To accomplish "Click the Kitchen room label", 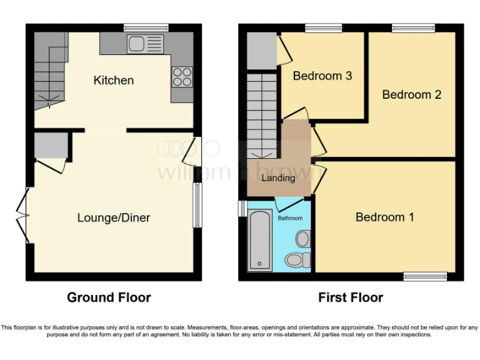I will (x=114, y=80).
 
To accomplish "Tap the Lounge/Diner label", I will (x=114, y=217).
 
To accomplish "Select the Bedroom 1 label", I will (x=384, y=217).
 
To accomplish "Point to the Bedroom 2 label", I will (x=411, y=94).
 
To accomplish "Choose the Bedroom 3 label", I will (x=322, y=76).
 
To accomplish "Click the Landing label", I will (x=278, y=177).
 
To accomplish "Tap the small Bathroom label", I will (x=291, y=218).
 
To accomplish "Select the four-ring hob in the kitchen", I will (x=182, y=76).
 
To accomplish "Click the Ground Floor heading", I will (x=109, y=297).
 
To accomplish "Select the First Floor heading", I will (x=351, y=297).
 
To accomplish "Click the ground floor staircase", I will (x=49, y=72).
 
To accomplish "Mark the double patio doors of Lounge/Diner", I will (x=24, y=215).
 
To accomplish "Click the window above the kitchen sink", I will (x=146, y=27).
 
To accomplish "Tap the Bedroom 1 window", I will (x=424, y=276).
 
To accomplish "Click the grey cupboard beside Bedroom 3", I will (x=261, y=51).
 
